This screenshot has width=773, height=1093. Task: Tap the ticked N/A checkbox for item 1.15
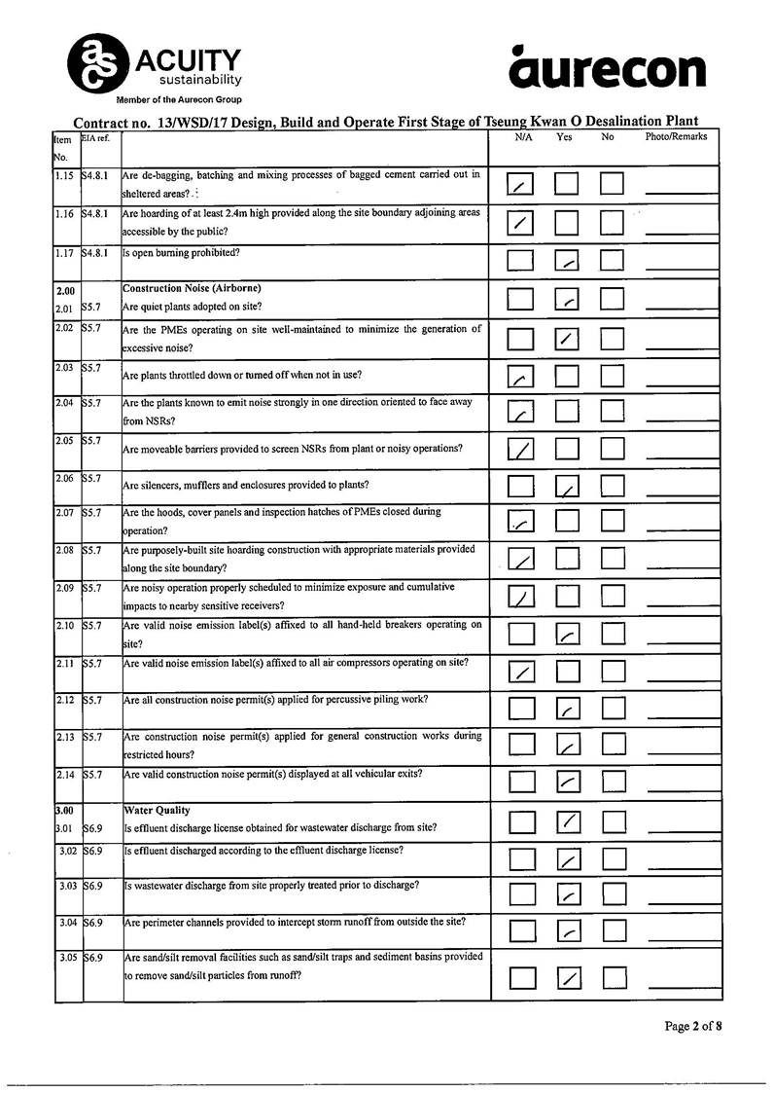pos(522,185)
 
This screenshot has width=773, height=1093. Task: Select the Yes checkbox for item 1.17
pos(568,261)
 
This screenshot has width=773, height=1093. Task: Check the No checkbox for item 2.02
pos(612,339)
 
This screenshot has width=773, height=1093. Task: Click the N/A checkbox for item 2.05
pos(522,449)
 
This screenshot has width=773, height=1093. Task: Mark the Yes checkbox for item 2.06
pos(568,485)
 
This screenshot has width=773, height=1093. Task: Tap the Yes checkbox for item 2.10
pos(568,635)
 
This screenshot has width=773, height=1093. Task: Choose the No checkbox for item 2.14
pos(613,781)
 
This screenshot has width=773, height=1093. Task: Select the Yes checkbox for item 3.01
pos(568,823)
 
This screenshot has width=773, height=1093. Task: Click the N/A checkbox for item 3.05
pos(522,976)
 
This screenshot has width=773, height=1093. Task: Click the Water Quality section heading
pos(158,810)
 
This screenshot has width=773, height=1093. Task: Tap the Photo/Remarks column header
pos(676,137)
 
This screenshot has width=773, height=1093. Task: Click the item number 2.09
pos(66,588)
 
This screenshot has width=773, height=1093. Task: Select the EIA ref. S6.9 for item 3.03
pos(94,886)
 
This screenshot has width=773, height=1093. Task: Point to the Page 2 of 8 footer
pos(693,1026)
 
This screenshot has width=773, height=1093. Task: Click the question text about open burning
pos(182,253)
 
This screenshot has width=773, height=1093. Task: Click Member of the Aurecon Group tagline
pos(179,100)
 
